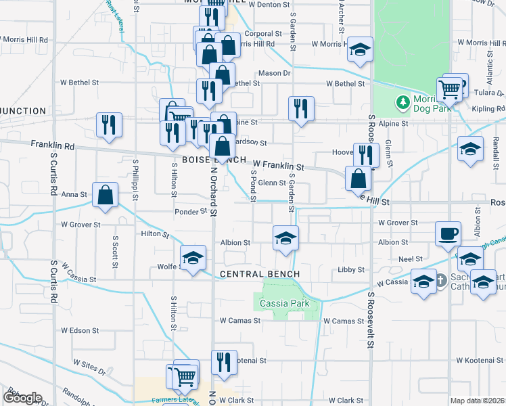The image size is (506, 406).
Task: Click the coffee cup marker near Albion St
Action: click(448, 234)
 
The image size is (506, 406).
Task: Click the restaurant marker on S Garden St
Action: click(300, 108)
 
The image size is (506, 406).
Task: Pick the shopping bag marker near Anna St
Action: click(105, 196)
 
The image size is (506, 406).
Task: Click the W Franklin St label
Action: click(279, 164)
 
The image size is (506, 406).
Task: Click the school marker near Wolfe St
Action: click(193, 258)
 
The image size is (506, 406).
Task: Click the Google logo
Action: click(22, 397)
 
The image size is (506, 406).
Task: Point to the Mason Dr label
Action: click(274, 72)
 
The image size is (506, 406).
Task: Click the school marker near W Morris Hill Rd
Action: click(360, 49)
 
